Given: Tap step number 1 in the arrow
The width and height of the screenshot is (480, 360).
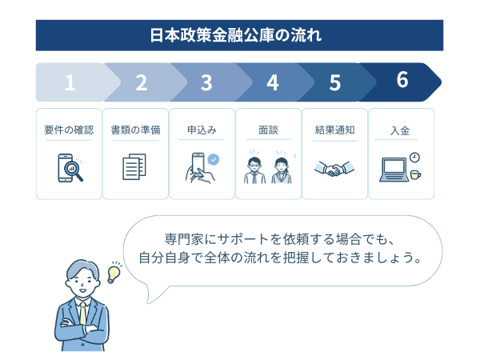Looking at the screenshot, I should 70,82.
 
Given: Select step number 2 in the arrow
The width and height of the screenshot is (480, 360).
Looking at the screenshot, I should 142,82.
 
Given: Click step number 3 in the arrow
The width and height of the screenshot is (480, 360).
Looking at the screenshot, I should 206,82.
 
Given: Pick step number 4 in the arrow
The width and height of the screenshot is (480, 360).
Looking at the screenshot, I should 272,82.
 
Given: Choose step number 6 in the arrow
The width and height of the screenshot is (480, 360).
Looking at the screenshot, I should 402,80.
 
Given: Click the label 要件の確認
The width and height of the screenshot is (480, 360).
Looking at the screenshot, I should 69,130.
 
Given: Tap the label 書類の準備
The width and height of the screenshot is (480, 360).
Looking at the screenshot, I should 135,130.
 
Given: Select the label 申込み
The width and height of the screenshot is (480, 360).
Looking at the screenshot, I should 202,130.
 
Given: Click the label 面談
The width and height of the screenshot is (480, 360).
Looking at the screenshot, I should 268,130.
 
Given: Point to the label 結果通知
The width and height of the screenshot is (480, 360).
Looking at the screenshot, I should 334,130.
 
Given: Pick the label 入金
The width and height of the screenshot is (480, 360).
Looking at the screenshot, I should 401,130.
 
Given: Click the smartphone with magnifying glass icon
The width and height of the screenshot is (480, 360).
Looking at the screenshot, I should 69,168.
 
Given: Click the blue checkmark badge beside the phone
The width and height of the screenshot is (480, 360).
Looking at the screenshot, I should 214,159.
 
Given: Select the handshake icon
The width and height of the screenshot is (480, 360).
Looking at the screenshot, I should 334,169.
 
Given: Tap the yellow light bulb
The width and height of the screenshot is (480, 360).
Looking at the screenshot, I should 114,273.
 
